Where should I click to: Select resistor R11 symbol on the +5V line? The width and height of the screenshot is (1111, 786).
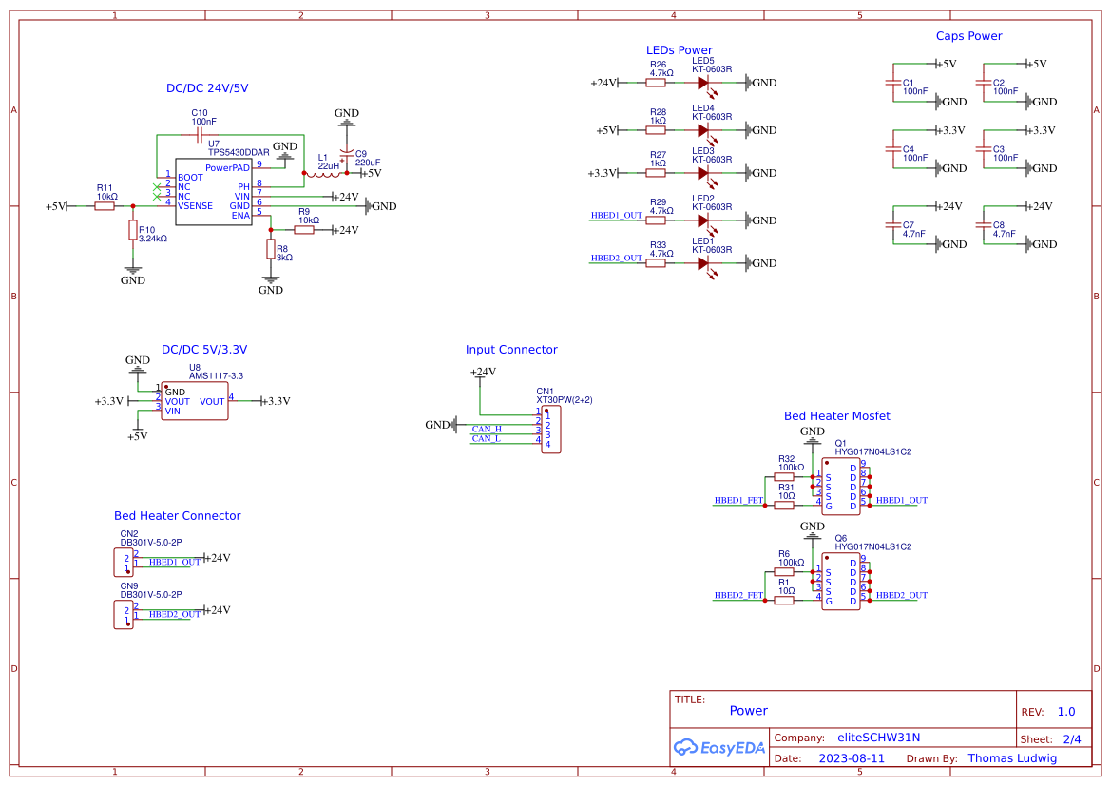coord(105,206)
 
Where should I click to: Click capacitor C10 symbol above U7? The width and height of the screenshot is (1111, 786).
coord(200,135)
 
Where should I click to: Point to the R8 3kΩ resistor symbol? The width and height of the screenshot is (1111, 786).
coord(271,250)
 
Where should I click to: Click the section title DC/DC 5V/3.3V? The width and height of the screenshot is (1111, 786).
coord(204,350)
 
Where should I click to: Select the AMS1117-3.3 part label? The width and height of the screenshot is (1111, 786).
coord(216,376)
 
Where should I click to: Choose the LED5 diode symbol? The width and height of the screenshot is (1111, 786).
coord(704,83)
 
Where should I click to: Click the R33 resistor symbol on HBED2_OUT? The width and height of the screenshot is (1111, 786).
coord(656,263)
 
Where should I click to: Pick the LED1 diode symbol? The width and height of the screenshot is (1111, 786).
coord(704,263)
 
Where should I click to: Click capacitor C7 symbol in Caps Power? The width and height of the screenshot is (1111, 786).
coord(892,225)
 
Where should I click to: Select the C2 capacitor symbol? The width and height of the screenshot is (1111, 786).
coord(983,83)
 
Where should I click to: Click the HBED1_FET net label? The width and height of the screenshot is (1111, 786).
coord(738,500)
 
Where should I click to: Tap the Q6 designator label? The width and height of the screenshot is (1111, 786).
coord(840,538)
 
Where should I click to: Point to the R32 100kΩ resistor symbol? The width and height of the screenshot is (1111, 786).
coord(784,477)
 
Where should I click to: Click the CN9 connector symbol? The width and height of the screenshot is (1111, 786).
coord(123,616)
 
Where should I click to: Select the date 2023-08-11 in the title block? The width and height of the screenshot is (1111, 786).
coord(852,758)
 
